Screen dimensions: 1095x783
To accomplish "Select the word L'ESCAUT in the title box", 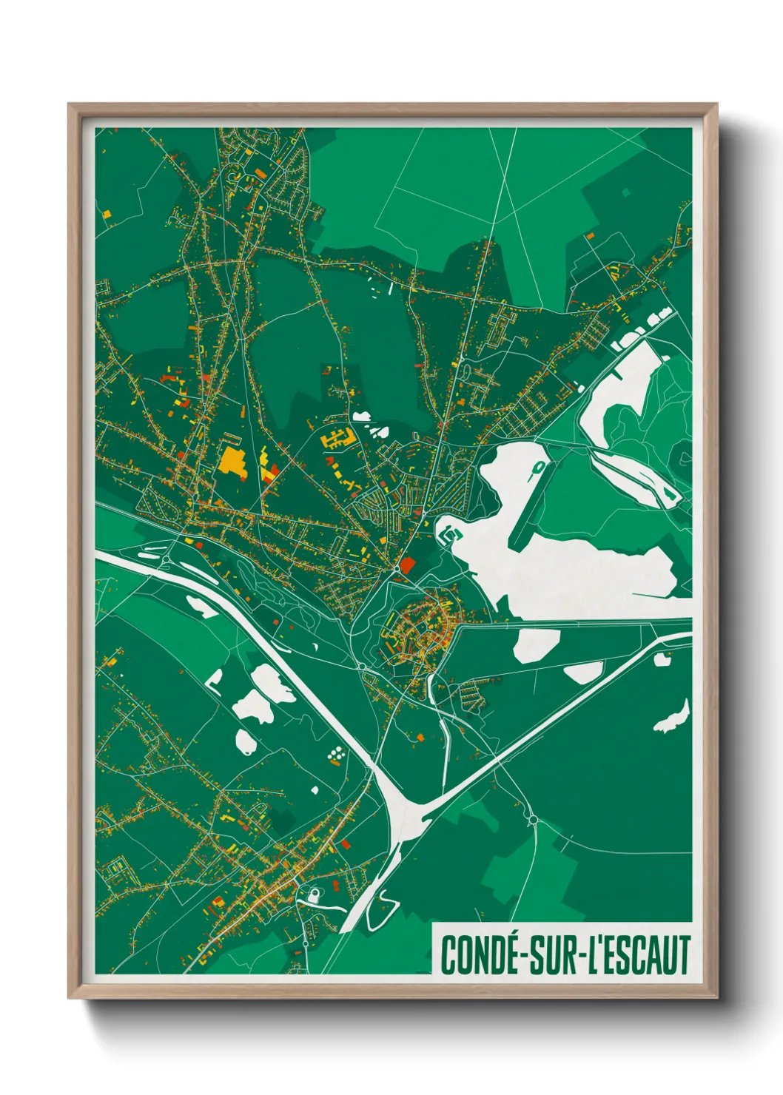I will (x=639, y=954).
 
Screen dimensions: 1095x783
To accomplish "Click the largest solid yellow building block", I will (x=232, y=461).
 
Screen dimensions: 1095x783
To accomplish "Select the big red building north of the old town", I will (x=406, y=565).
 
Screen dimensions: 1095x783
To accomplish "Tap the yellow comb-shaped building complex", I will (x=337, y=439).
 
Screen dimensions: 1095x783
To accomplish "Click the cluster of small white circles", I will (x=337, y=754).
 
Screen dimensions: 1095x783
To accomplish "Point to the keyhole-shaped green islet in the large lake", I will (x=539, y=468).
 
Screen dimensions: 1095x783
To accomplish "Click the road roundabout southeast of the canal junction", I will (x=532, y=819).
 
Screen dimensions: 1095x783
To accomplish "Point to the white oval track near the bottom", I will (x=314, y=895).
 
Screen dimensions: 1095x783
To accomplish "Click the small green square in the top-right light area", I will (x=626, y=192).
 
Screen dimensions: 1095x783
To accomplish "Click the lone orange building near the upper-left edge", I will (x=107, y=215).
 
